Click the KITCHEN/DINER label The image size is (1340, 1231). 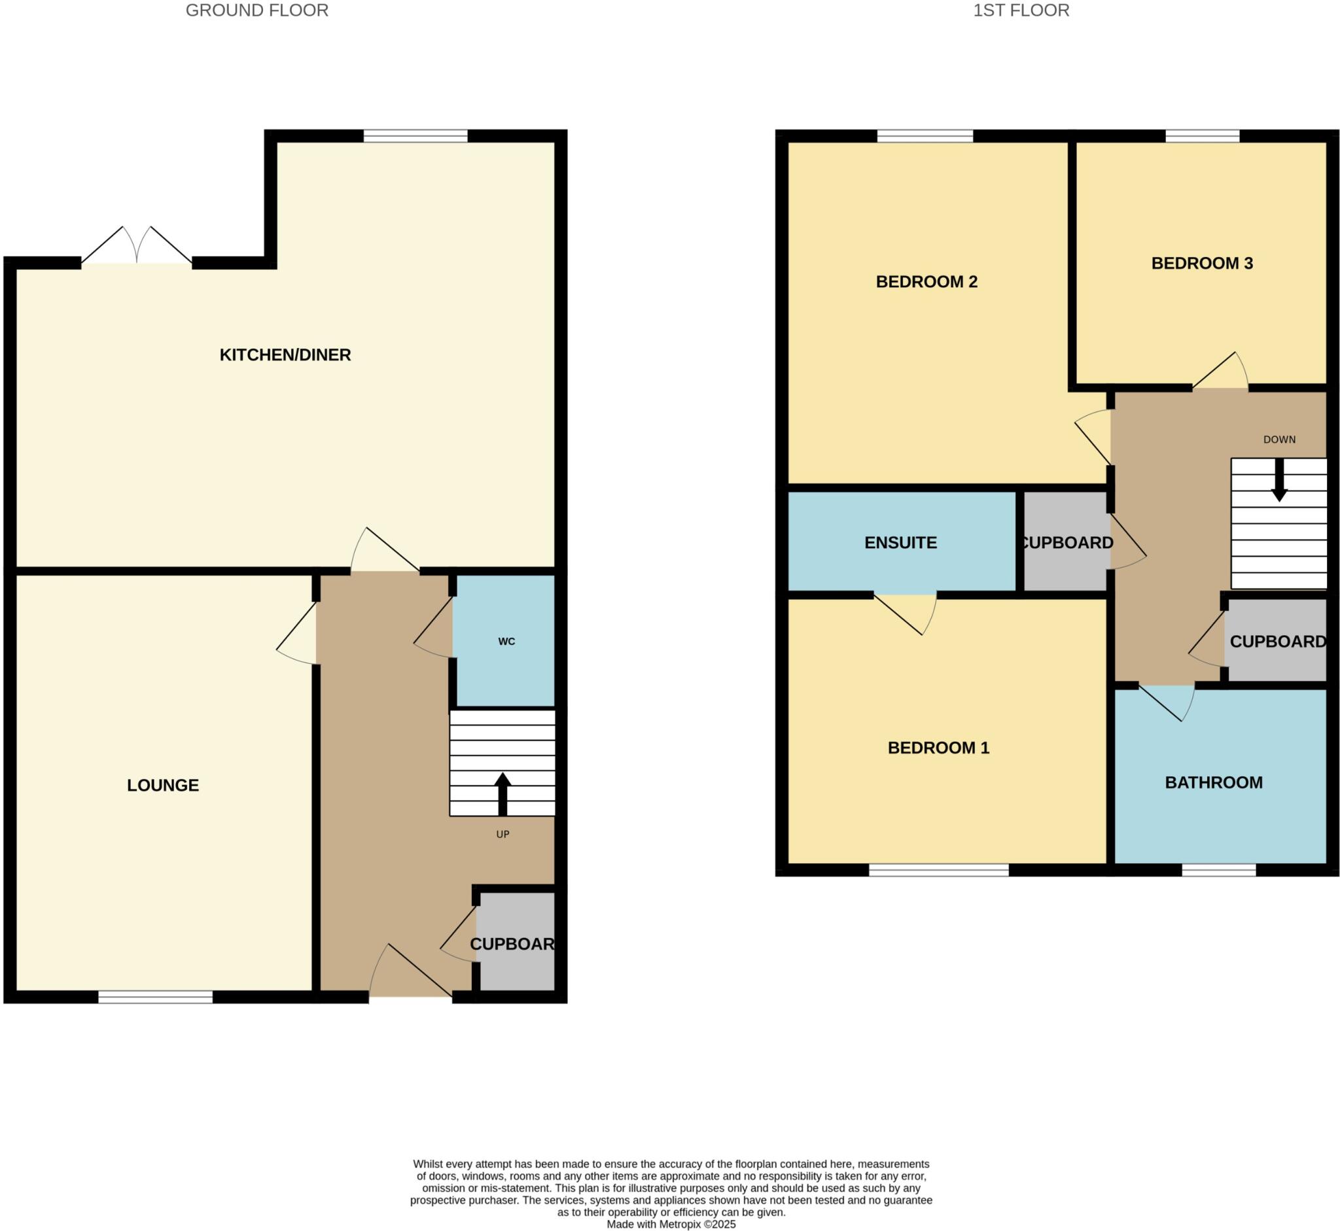[x=285, y=355]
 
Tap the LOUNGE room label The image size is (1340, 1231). [x=164, y=786]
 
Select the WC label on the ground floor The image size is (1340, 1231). [x=506, y=642]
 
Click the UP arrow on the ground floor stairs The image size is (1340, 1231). [x=502, y=793]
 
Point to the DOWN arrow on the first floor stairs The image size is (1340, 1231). [x=1278, y=480]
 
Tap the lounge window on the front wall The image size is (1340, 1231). [x=155, y=997]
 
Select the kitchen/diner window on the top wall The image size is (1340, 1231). [x=415, y=137]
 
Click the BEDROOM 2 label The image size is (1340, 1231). [x=926, y=282]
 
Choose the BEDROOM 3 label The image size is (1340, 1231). [x=1202, y=263]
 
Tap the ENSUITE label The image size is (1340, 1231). [x=900, y=543]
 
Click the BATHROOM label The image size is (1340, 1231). [x=1214, y=783]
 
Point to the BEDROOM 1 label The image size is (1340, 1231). [x=938, y=748]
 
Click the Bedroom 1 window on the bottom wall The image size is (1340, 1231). [x=938, y=869]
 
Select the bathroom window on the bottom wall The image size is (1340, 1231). [x=1219, y=869]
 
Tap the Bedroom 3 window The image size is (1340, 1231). [x=1202, y=137]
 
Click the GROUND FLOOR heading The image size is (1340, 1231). [x=256, y=10]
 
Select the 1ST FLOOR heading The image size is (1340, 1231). [x=1021, y=10]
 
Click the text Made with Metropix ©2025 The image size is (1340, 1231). [x=671, y=1224]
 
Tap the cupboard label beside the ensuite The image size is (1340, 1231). [x=1066, y=543]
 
